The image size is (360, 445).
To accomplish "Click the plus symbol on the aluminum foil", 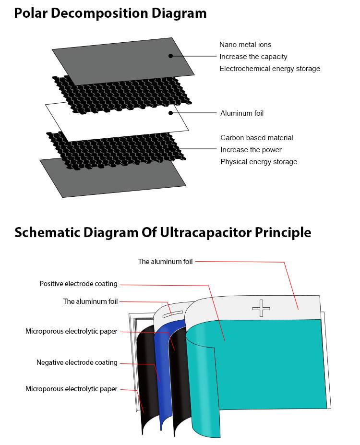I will pos(261,308).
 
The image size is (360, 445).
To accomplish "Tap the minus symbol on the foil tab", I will pos(172,313).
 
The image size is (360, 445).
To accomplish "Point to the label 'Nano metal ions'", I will pos(245,45).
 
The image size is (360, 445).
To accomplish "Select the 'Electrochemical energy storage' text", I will pos(269,69).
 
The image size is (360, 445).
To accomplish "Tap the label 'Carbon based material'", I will pos(256,138).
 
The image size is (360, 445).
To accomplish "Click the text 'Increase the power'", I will pos(251,150).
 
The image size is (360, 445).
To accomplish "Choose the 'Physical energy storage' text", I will pos(258,162).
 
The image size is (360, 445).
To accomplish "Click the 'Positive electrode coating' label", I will pos(78,284).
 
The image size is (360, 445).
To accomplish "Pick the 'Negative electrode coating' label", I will pos(77,362).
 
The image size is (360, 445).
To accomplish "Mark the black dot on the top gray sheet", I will pos(170,56).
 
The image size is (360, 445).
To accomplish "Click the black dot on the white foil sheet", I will pos(170,113).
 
